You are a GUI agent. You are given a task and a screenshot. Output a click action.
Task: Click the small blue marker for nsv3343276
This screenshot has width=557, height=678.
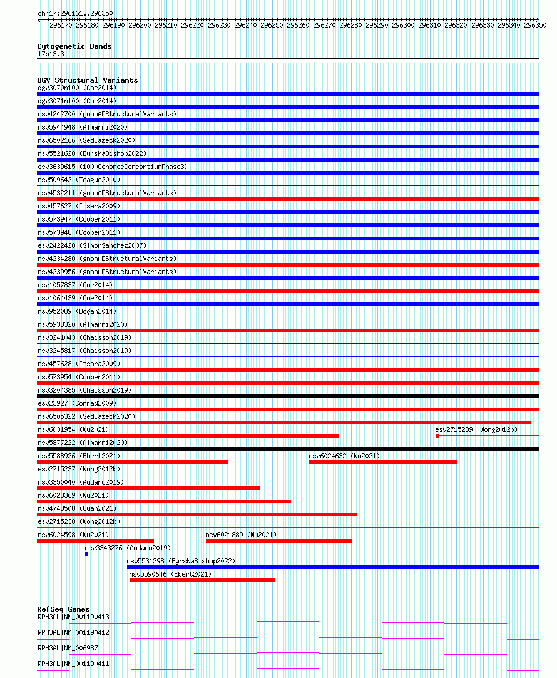click(x=86, y=554)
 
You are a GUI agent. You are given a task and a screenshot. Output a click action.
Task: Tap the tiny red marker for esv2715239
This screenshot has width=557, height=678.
click(x=437, y=436)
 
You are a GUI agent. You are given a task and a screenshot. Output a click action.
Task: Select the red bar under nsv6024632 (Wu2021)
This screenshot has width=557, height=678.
click(x=382, y=462)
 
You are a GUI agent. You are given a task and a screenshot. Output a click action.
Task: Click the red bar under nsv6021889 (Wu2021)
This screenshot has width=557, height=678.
click(x=278, y=541)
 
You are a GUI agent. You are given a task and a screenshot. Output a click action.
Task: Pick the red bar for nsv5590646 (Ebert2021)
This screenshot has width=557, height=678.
click(x=202, y=580)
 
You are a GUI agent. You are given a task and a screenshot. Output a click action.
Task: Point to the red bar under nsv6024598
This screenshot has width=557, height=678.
click(x=95, y=541)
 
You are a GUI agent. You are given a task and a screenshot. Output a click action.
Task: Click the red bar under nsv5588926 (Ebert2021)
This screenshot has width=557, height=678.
click(x=132, y=462)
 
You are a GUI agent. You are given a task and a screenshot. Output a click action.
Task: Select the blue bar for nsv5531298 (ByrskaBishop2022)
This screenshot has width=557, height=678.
click(x=333, y=567)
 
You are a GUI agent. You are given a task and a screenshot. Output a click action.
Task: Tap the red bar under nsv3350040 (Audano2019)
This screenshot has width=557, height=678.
click(x=148, y=488)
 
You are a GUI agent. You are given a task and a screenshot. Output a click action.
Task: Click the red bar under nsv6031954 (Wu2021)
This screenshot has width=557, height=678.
click(x=187, y=436)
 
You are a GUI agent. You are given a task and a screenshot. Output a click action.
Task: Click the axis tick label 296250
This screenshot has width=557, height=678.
click(x=272, y=25)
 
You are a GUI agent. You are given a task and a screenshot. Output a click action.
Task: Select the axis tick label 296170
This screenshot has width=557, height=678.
click(x=61, y=25)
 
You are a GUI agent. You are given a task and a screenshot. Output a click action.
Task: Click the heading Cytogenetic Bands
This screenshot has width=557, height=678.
click(x=74, y=46)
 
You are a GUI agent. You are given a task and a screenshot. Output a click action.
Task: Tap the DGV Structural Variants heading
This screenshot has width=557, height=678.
click(x=88, y=80)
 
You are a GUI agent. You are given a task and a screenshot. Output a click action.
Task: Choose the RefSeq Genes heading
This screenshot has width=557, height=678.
click(x=63, y=609)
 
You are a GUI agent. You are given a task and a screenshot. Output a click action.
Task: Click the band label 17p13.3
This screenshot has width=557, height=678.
click(x=51, y=54)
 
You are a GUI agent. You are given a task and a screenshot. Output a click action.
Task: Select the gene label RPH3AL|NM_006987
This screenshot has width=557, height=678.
click(x=68, y=648)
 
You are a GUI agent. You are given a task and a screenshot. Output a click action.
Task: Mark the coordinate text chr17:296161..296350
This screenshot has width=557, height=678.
click(x=75, y=13)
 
